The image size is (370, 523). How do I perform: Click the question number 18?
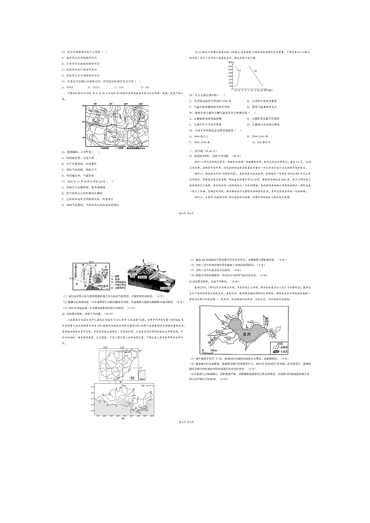pos(191,95)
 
